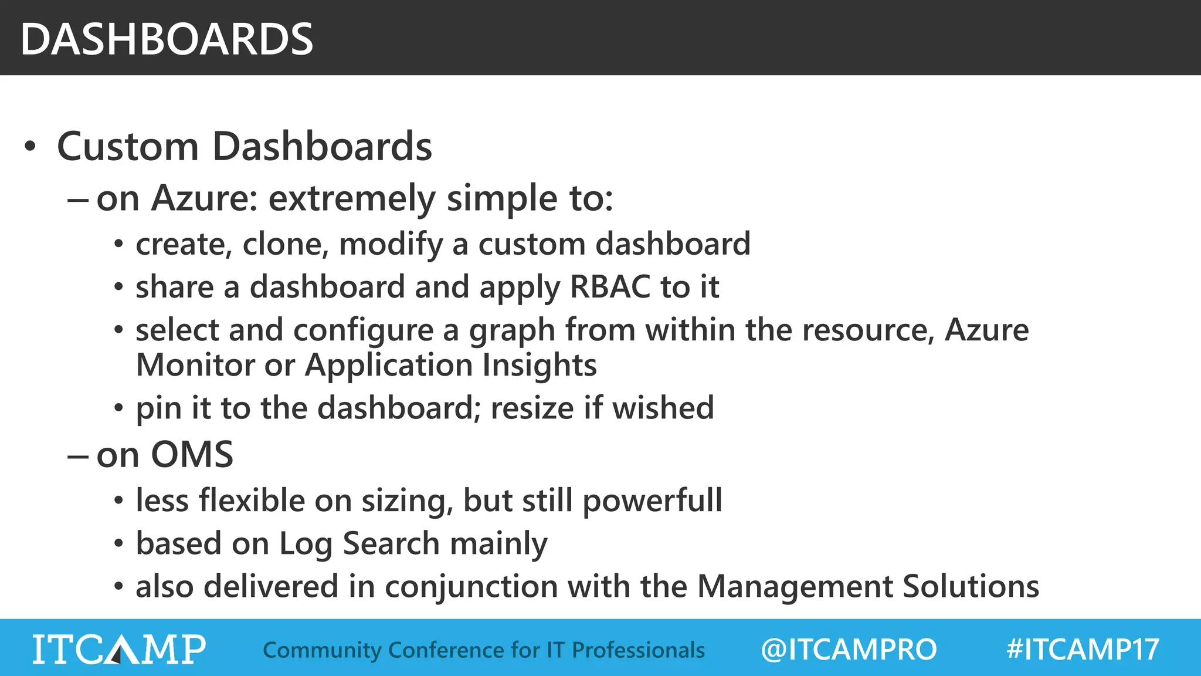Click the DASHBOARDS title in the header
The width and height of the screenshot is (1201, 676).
pyautogui.click(x=167, y=39)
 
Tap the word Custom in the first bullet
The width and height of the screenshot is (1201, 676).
pyautogui.click(x=128, y=146)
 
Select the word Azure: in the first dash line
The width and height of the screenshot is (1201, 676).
pyautogui.click(x=204, y=198)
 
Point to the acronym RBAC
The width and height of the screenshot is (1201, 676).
pyautogui.click(x=610, y=287)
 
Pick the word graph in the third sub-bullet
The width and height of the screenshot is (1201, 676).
pyautogui.click(x=511, y=330)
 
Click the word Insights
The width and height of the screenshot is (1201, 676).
pyautogui.click(x=540, y=365)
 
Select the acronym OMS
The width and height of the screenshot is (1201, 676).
pyautogui.click(x=192, y=455)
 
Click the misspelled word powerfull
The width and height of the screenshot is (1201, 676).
pyautogui.click(x=652, y=501)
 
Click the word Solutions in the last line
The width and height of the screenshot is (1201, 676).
pyautogui.click(x=971, y=587)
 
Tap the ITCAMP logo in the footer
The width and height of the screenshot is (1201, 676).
pyautogui.click(x=119, y=649)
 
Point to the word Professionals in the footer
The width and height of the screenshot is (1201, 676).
pyautogui.click(x=638, y=650)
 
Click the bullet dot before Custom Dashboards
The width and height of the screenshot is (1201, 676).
pyautogui.click(x=30, y=147)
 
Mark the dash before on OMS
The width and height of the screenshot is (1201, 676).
pyautogui.click(x=78, y=456)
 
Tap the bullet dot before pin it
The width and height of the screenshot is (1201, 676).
pyautogui.click(x=119, y=408)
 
